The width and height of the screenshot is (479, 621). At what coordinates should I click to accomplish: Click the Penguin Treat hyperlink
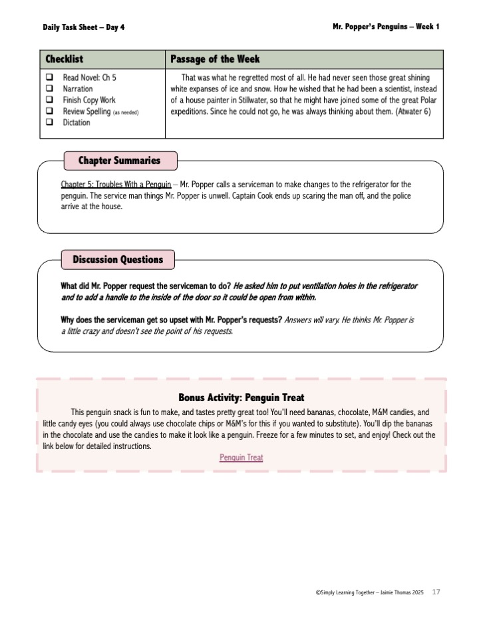[241, 458]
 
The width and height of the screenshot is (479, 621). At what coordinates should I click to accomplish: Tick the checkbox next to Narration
[50, 89]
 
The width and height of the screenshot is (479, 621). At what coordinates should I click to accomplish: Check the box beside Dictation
[50, 123]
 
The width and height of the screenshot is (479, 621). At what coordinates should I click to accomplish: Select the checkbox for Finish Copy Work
[50, 100]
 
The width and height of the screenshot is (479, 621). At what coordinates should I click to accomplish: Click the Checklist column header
[64, 59]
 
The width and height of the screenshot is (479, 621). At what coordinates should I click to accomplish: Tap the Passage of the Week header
[215, 59]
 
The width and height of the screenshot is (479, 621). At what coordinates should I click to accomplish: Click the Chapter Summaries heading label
[119, 161]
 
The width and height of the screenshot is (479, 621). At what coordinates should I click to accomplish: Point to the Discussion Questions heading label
[117, 259]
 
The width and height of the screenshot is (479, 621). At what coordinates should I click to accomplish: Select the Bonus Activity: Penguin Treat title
[241, 398]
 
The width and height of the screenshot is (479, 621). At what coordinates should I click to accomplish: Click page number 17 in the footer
[436, 592]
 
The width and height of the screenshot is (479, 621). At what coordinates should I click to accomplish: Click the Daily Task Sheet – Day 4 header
[83, 27]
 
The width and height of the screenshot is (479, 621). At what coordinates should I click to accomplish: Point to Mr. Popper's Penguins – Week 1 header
[385, 27]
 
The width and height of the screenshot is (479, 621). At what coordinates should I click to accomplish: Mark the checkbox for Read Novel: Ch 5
[50, 77]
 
